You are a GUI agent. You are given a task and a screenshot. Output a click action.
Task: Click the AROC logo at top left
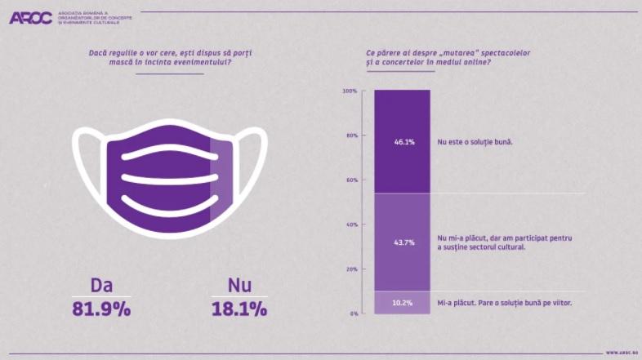point(31,18)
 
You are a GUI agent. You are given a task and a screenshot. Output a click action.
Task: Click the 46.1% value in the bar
point(402,142)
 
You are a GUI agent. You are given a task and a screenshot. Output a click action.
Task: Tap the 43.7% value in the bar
point(402,242)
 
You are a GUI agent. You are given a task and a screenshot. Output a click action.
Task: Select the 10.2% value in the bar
point(402,303)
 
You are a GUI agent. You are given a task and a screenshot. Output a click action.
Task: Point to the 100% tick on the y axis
point(350,91)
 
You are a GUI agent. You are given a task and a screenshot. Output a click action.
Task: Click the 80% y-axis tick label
point(351,136)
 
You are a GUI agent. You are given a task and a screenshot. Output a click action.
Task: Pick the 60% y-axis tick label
point(351,180)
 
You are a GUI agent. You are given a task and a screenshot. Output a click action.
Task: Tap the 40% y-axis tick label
point(351,224)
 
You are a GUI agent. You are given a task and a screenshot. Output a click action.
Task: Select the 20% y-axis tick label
point(351,269)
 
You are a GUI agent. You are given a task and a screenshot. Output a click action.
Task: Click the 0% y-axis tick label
point(353,313)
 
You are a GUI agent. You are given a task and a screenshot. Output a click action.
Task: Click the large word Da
point(102,286)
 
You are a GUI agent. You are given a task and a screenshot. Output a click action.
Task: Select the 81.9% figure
point(102,310)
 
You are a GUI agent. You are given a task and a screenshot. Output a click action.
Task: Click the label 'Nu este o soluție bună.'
point(480,142)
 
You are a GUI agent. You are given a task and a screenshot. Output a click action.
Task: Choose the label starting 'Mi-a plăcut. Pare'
point(504,303)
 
